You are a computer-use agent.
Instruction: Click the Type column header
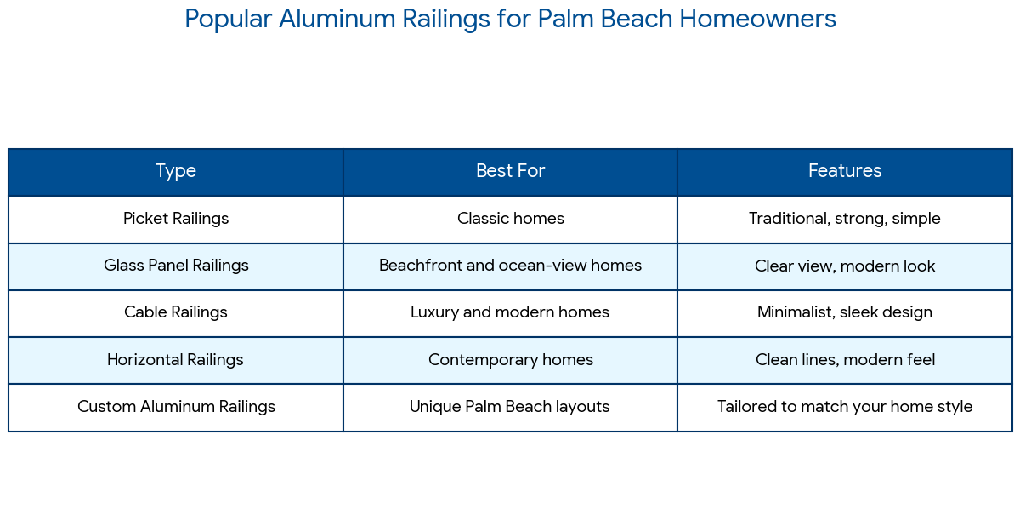click(176, 171)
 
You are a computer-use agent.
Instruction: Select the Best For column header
click(510, 171)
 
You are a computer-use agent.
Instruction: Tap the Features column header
click(845, 171)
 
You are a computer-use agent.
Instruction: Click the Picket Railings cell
click(176, 219)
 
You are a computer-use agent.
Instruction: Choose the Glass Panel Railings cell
click(176, 266)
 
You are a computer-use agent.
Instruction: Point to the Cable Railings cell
click(176, 312)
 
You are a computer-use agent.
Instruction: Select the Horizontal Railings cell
click(175, 360)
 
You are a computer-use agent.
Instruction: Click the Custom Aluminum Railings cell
click(176, 407)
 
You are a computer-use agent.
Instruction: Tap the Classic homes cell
click(511, 219)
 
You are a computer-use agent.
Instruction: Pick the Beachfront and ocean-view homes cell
click(510, 266)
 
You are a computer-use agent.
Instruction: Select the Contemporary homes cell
click(511, 360)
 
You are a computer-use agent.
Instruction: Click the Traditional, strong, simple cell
click(845, 219)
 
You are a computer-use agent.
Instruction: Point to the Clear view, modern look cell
click(845, 266)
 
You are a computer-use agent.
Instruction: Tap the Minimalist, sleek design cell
click(845, 312)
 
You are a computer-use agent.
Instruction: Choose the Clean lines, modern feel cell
click(845, 360)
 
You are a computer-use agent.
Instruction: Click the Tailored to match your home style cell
click(845, 407)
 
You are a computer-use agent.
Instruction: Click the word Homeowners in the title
click(757, 19)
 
